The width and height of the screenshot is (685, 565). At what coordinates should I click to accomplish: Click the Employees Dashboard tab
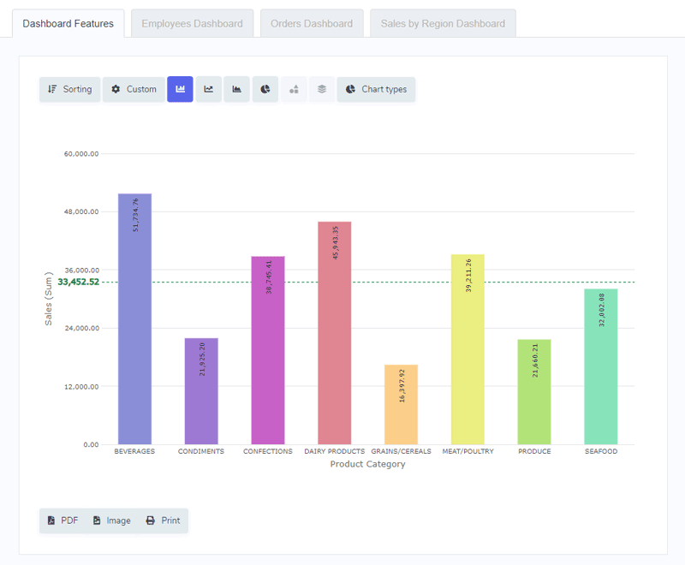pos(192,24)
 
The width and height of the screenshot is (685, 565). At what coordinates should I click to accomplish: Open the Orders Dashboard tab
pos(312,24)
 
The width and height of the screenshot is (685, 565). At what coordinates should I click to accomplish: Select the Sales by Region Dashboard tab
pos(443,24)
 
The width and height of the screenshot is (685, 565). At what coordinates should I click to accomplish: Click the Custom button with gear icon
pos(134,89)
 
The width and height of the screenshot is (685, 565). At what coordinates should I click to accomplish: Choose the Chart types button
pos(376,89)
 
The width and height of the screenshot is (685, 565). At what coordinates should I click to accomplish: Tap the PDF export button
pos(63,520)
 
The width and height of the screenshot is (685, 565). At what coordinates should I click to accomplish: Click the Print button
pos(163,520)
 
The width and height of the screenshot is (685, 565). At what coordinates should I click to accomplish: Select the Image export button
pos(111,520)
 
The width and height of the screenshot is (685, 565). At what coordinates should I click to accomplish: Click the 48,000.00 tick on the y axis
pos(82,211)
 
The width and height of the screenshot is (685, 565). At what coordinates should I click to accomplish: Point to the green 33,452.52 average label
pos(79,282)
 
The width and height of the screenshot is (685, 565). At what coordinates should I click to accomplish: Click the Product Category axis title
pos(367,465)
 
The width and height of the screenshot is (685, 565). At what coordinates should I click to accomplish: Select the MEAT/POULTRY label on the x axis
pos(468,451)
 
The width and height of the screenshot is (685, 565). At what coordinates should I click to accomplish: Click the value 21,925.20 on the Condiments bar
pos(202,360)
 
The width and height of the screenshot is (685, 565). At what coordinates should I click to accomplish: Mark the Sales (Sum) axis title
pos(49,299)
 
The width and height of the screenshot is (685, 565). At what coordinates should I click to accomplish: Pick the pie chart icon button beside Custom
pos(265,89)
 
